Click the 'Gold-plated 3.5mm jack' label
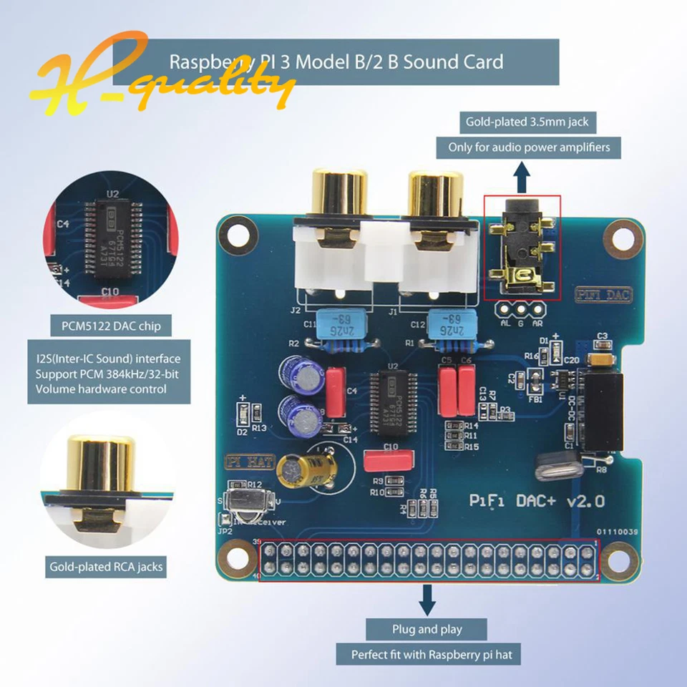(x=527, y=122)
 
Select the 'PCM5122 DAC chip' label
(x=105, y=327)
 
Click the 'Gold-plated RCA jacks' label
(x=106, y=567)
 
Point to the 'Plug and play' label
(x=427, y=629)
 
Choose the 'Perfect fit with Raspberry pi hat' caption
(x=427, y=654)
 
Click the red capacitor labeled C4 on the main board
(x=335, y=391)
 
